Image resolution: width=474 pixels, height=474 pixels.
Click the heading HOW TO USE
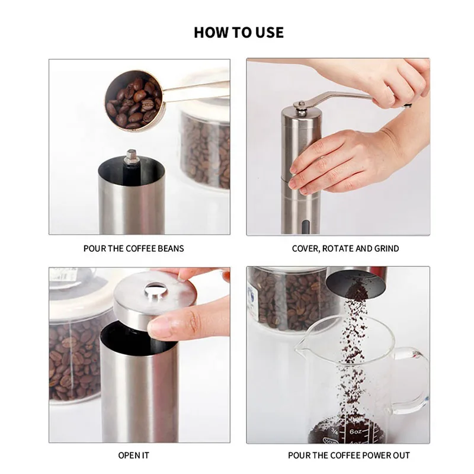[x=239, y=33]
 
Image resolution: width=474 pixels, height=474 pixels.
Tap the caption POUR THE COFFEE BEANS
[x=134, y=248]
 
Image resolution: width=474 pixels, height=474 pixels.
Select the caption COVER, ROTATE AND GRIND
[x=345, y=248]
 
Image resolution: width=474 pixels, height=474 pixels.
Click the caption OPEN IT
[x=134, y=455]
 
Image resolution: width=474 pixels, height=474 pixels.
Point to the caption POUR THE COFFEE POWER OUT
[x=349, y=455]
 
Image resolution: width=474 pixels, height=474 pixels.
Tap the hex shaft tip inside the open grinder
[x=132, y=156]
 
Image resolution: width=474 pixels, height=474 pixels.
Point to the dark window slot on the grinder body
[x=306, y=227]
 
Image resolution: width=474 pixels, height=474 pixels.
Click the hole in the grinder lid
[x=156, y=290]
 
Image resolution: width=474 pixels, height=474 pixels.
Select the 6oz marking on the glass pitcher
[x=355, y=431]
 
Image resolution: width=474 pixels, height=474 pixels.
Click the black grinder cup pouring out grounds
[x=357, y=283]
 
